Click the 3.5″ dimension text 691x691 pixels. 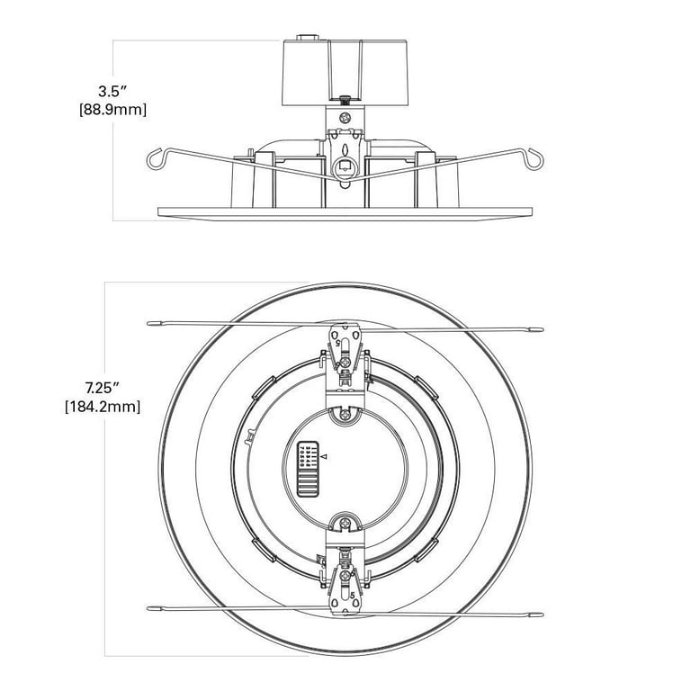tap(112, 92)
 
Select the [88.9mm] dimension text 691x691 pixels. tap(112, 109)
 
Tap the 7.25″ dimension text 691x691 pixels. tap(103, 389)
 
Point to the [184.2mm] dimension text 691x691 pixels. tap(103, 407)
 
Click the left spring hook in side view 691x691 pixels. tap(155, 159)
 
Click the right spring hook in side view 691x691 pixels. tap(534, 158)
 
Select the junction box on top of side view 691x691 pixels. tap(345, 73)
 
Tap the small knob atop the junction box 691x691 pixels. tap(307, 38)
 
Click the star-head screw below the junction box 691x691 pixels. tap(345, 118)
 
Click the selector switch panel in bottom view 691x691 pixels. tap(307, 469)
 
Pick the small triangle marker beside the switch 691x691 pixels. tap(324, 456)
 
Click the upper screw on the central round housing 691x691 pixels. tap(345, 414)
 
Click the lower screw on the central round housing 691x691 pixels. tap(345, 524)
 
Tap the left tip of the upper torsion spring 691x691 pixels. tap(148, 324)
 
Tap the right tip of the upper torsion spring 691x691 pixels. tap(542, 329)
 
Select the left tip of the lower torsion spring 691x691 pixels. tap(148, 608)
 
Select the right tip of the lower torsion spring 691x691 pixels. tap(542, 615)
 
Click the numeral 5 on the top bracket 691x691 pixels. tap(338, 343)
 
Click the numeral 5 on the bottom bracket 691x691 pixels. tap(352, 596)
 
